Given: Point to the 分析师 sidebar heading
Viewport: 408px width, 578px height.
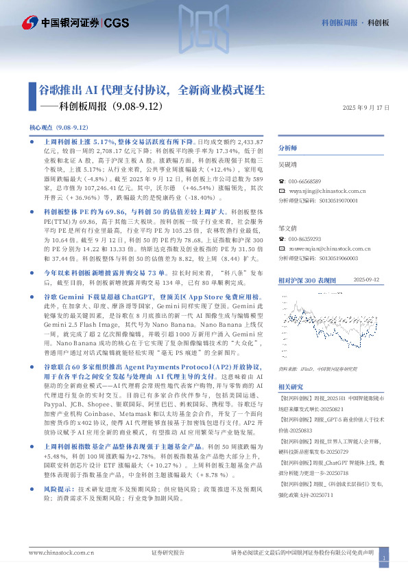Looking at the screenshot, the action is [287, 148].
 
